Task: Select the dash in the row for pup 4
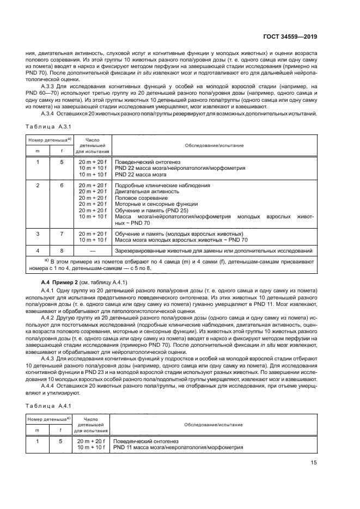[92, 251]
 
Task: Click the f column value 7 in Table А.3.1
[62, 234]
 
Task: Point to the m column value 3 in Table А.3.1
[38, 234]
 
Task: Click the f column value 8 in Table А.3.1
[62, 251]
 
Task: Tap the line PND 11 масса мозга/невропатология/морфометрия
[178, 447]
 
